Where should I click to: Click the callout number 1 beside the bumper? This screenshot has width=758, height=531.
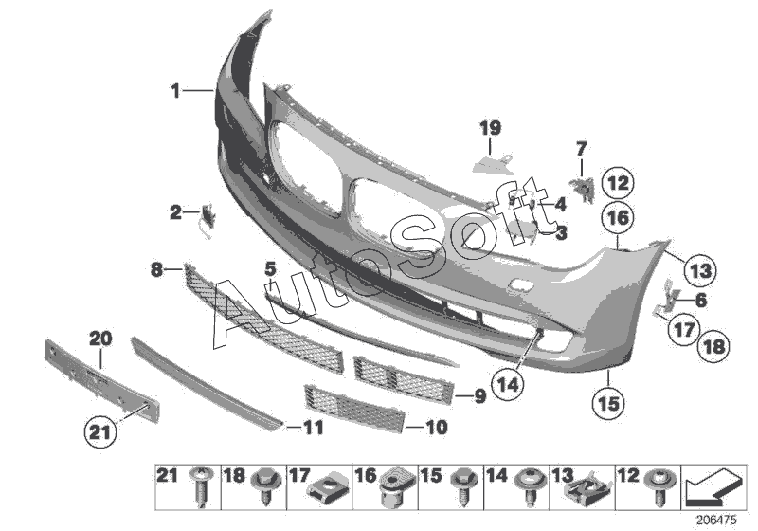click(x=175, y=91)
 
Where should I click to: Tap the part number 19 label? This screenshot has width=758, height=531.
click(x=489, y=128)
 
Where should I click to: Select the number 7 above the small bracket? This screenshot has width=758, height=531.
click(x=581, y=148)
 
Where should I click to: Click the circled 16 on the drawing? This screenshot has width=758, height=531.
click(x=617, y=218)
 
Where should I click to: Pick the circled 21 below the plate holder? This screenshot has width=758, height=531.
click(x=100, y=433)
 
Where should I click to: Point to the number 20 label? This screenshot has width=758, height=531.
click(x=100, y=338)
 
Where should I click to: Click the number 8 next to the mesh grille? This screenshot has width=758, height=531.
click(x=156, y=270)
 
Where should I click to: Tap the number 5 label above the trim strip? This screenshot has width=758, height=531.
click(x=270, y=269)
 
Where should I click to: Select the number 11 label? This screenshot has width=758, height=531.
click(x=313, y=429)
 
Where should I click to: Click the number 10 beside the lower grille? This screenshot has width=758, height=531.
click(x=436, y=428)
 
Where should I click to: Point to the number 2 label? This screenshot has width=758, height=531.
click(x=176, y=212)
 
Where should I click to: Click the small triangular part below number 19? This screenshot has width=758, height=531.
click(x=488, y=164)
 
